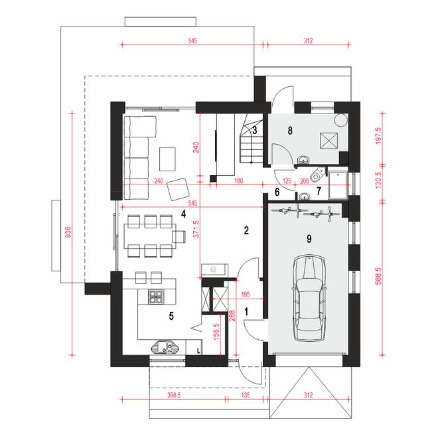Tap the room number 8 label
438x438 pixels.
point(289,131)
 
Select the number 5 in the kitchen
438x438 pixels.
point(171,317)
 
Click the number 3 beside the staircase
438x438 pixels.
point(254,130)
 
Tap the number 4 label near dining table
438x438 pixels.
point(183,213)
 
